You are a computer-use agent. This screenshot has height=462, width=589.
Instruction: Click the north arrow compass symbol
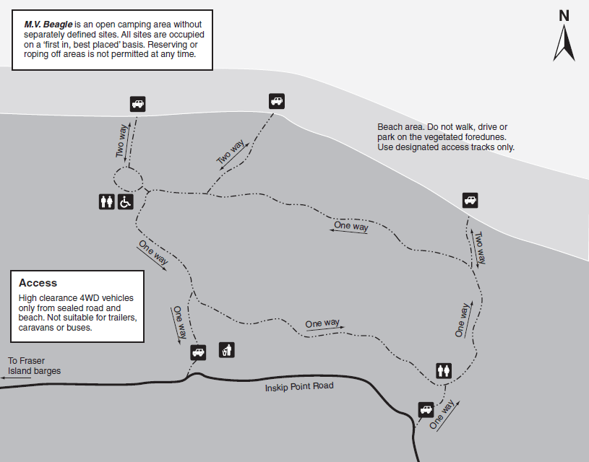564,43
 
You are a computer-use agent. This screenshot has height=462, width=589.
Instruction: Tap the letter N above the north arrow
564,15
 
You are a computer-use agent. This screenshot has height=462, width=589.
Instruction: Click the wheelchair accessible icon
125,202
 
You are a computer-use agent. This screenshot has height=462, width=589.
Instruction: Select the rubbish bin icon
227,350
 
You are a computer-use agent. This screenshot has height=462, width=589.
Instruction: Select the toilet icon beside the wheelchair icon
106,202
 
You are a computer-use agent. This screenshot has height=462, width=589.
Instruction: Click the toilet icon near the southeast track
444,370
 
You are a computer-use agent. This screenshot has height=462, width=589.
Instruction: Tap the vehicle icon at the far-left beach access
137,103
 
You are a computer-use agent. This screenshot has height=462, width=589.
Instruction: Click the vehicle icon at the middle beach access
276,101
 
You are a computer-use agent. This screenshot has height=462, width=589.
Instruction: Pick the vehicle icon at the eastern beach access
470,201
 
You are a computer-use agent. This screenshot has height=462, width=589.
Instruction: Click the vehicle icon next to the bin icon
198,352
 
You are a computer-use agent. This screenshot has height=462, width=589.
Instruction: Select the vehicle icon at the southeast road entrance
426,410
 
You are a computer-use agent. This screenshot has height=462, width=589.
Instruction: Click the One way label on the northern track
351,227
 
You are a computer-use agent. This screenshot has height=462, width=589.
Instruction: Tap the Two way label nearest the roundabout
122,140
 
